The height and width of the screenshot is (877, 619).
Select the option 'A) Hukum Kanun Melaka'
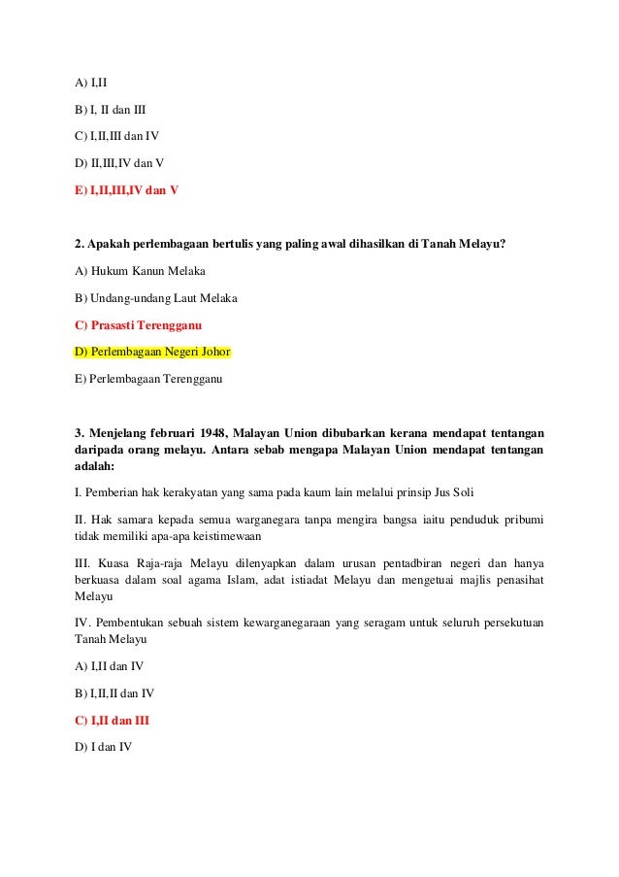coord(140,270)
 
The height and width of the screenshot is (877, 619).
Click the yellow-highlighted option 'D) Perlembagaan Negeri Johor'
coord(152,351)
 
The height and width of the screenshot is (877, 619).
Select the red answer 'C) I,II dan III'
coord(112,722)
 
